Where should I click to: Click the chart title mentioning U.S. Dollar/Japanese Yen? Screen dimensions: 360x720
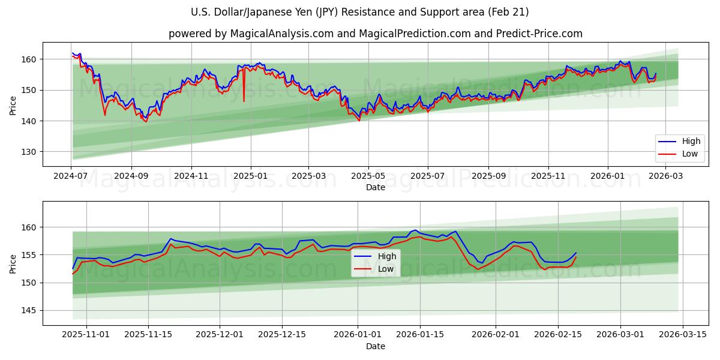(359, 12)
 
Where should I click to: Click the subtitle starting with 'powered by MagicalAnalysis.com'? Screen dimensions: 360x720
(375, 34)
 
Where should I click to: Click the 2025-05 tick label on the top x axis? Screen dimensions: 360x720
(368, 176)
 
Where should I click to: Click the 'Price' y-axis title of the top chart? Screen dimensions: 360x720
(13, 106)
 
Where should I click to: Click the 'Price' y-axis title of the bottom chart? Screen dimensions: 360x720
(13, 263)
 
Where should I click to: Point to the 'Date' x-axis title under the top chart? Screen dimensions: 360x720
(375, 187)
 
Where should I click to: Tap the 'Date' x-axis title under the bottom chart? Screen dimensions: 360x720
(375, 346)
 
